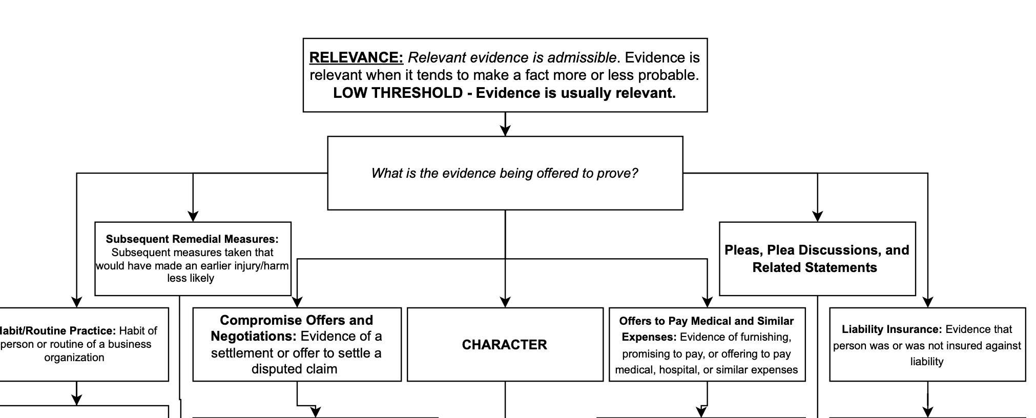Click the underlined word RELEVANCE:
click(356, 57)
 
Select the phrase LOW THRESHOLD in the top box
click(398, 93)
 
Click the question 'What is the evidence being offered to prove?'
click(504, 173)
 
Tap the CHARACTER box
click(505, 345)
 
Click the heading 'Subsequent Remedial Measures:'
click(192, 239)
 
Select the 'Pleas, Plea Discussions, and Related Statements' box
click(817, 259)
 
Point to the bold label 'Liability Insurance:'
click(892, 329)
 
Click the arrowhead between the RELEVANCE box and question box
click(505, 130)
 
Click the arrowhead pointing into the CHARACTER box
click(505, 302)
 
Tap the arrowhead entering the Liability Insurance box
click(928, 302)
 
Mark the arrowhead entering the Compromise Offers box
click(297, 302)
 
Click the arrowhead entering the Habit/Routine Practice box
click(76, 302)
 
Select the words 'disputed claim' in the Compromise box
click(294, 369)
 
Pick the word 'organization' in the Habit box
click(74, 358)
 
